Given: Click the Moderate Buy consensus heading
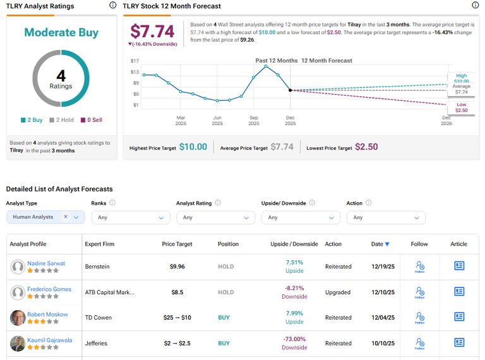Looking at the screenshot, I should coord(61,32).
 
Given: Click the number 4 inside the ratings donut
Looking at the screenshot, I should coord(61,75).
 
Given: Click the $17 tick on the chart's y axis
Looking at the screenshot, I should coord(135,61).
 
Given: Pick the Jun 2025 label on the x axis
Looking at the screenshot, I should coord(217,120).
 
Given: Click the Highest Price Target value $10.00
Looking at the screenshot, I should coord(193,147).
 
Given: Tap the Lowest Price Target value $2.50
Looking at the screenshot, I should coord(366,147).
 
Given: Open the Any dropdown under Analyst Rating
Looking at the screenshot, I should coord(214,217).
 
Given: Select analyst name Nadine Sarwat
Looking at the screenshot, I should coord(46,263).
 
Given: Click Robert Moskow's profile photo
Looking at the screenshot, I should coord(18,318).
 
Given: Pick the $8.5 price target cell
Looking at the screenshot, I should coord(177,292).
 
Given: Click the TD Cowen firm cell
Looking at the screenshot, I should coord(100,318).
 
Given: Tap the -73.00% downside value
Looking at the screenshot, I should coord(294,339).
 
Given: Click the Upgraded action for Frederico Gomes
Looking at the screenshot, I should coord(338,292).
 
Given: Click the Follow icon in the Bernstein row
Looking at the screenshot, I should coord(419,266).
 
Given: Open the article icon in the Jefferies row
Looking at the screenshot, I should coord(459,343).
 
